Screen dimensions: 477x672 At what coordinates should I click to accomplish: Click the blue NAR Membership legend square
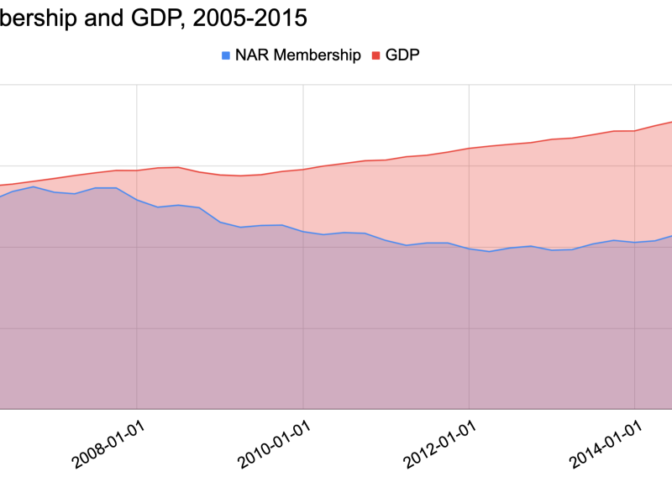point(225,55)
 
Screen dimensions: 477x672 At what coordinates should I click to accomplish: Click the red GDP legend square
point(375,55)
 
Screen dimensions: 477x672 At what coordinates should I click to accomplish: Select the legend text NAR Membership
point(297,55)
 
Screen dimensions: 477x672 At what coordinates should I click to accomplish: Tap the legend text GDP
point(402,55)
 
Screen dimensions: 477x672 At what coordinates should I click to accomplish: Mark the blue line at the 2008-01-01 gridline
point(137,200)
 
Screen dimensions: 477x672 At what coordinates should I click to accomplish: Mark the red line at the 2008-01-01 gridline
point(137,170)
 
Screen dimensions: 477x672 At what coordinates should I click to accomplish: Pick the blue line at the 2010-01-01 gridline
point(303,231)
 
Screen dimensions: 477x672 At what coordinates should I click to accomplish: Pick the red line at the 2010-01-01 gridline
point(303,169)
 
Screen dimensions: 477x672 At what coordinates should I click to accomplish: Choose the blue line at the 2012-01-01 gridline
point(470,249)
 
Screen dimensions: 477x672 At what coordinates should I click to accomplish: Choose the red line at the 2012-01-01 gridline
point(470,148)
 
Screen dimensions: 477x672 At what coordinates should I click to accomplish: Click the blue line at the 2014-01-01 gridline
point(635,243)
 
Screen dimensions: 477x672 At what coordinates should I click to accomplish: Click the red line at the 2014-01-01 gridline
point(635,131)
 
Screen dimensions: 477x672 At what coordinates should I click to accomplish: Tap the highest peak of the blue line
point(33,186)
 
